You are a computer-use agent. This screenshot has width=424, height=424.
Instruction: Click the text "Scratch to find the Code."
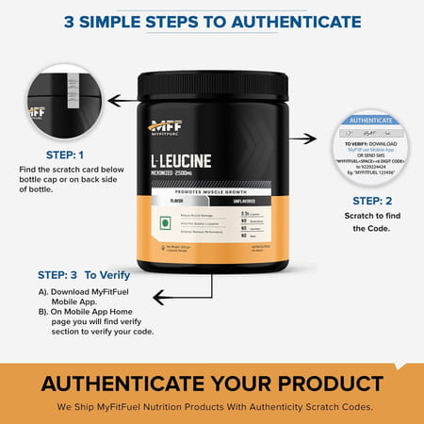(377, 223)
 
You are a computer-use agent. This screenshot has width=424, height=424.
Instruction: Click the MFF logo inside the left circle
(37, 111)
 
